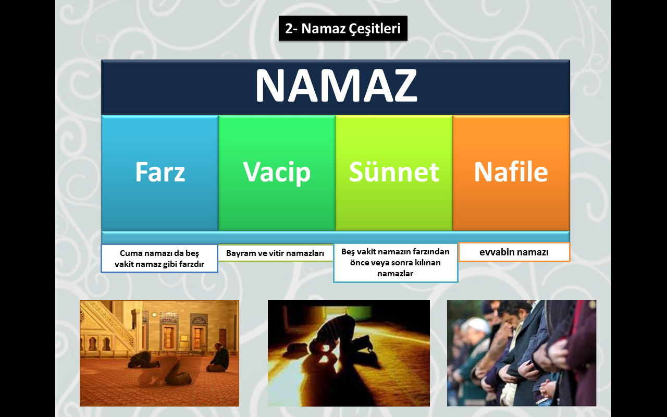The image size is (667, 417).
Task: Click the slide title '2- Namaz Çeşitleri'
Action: click(343, 29)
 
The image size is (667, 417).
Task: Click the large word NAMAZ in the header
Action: click(336, 86)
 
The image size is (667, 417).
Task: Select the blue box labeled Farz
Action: click(160, 173)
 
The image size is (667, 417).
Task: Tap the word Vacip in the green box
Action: click(277, 172)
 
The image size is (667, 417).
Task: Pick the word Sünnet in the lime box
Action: click(394, 171)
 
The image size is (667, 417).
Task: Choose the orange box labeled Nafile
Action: click(511, 173)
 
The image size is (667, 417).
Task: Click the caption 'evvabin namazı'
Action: click(514, 252)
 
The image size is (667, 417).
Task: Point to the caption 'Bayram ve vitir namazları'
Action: click(275, 253)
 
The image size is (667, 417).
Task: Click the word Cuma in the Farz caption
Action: click(130, 253)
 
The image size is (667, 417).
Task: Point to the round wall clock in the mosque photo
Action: click(154, 314)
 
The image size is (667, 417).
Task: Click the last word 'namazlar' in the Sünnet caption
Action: click(395, 274)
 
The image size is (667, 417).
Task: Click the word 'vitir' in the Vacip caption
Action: click(267, 253)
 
